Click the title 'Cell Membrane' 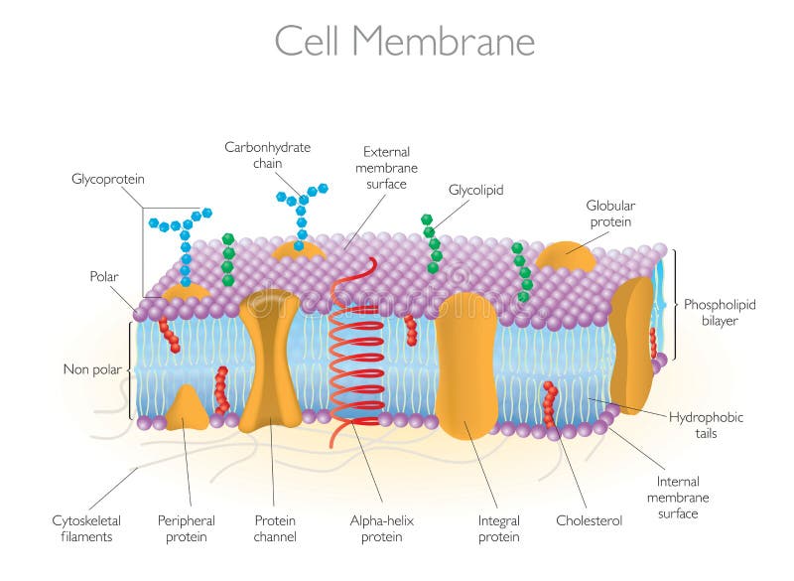pyautogui.click(x=404, y=42)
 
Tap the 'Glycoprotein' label pyautogui.click(x=108, y=180)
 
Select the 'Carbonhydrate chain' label pyautogui.click(x=267, y=155)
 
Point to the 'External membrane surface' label pyautogui.click(x=386, y=168)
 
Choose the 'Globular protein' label pyautogui.click(x=608, y=215)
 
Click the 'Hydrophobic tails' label pyautogui.click(x=706, y=425)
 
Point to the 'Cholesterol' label pyautogui.click(x=589, y=519)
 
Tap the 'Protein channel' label pyautogui.click(x=275, y=528)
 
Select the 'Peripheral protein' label pyautogui.click(x=187, y=528)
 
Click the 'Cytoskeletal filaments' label pyautogui.click(x=82, y=528)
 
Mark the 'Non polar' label pyautogui.click(x=92, y=369)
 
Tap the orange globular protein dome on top pyautogui.click(x=565, y=256)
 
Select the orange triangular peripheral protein pyautogui.click(x=186, y=409)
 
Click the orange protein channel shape pyautogui.click(x=269, y=358)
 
